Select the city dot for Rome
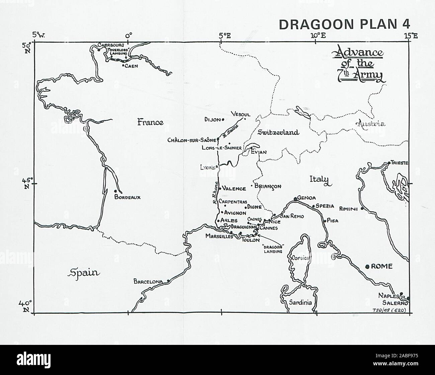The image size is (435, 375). [x=367, y=267]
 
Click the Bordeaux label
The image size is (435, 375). [x=127, y=197]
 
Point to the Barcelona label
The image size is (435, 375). [x=148, y=282]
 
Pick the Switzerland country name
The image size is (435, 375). [x=278, y=132]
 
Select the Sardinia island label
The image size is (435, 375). [x=300, y=303]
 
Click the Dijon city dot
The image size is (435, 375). [x=223, y=119]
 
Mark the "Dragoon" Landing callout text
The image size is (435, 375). [x=273, y=249]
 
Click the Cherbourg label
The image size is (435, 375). [x=111, y=45]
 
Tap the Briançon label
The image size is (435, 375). [x=268, y=186]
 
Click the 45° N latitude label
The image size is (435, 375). [x=26, y=183]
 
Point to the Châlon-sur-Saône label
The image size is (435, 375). [x=192, y=140]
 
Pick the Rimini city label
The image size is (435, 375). [x=349, y=209]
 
